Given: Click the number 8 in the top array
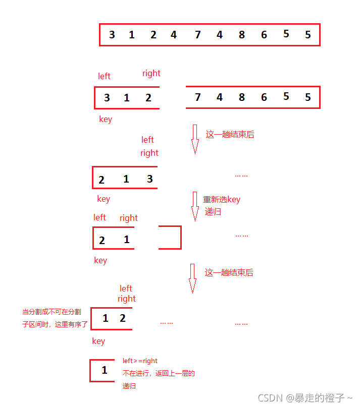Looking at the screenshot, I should coord(242,35).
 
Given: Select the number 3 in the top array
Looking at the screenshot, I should coord(112,35).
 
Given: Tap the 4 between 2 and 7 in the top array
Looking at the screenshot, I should coord(174,35).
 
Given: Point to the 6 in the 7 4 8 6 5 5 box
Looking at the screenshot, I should coord(264,97).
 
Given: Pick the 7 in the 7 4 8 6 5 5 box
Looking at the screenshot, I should coord(197,97).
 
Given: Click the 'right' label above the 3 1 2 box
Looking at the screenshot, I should coord(151,73).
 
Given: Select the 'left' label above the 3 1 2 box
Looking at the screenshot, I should coord(104,76).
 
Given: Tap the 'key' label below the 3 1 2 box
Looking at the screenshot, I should coord(106,119).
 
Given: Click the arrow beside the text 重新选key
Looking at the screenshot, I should coord(195,206).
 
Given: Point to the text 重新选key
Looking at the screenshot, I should coord(222,199).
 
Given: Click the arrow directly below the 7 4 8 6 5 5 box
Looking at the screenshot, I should coord(195,139).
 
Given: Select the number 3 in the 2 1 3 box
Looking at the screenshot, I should coord(149,179).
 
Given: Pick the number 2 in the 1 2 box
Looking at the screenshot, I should coord(122,318).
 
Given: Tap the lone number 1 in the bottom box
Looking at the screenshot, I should coord(105,370).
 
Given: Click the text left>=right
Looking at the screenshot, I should coord(140,361).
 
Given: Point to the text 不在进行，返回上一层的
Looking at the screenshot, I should coord(159,374).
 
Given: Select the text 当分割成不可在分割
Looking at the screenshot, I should coord(52,312).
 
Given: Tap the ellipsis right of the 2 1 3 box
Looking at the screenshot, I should coord(241,176).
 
